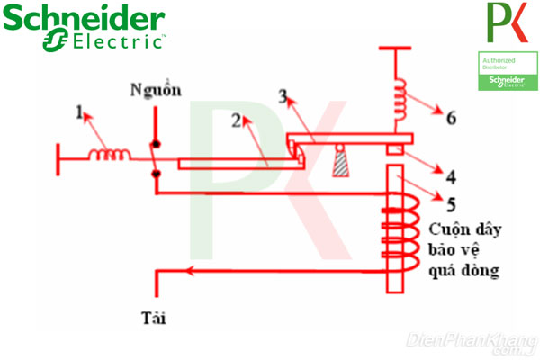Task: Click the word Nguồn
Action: click(155, 90)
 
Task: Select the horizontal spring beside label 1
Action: click(109, 155)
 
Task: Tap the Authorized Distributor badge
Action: click(501, 70)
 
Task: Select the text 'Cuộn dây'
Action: click(464, 229)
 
